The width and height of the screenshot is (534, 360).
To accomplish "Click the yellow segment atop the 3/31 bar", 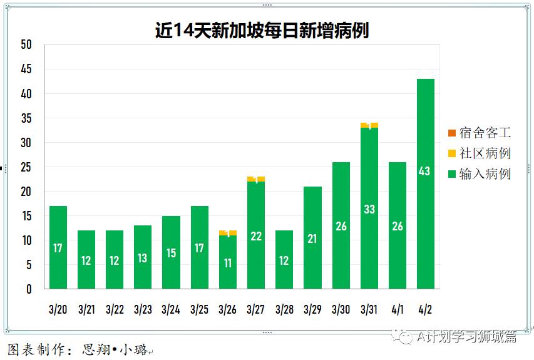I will pyautogui.click(x=369, y=125).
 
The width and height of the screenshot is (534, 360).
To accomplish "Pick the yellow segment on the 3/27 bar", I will pyautogui.click(x=256, y=179).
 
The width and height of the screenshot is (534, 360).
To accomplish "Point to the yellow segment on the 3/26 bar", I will pyautogui.click(x=228, y=233).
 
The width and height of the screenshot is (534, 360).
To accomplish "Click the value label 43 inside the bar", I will pyautogui.click(x=424, y=171).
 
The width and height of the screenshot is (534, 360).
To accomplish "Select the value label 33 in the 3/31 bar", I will pyautogui.click(x=369, y=209).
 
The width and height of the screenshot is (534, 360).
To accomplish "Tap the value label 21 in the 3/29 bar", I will pyautogui.click(x=312, y=239).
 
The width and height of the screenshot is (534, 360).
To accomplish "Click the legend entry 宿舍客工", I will pyautogui.click(x=485, y=133).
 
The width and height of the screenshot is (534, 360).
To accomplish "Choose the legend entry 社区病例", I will pyautogui.click(x=485, y=153).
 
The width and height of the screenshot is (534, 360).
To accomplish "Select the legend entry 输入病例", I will pyautogui.click(x=485, y=174).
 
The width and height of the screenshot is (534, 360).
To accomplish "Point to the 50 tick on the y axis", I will pyautogui.click(x=26, y=45).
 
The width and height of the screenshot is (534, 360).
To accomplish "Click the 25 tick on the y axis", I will pyautogui.click(x=26, y=167).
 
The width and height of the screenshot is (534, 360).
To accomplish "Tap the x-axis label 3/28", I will pyautogui.click(x=284, y=309).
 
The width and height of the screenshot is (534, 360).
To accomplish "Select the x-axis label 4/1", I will pyautogui.click(x=397, y=309).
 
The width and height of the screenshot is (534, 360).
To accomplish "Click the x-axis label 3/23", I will pyautogui.click(x=143, y=309).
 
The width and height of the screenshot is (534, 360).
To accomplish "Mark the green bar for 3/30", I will pyautogui.click(x=341, y=225).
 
